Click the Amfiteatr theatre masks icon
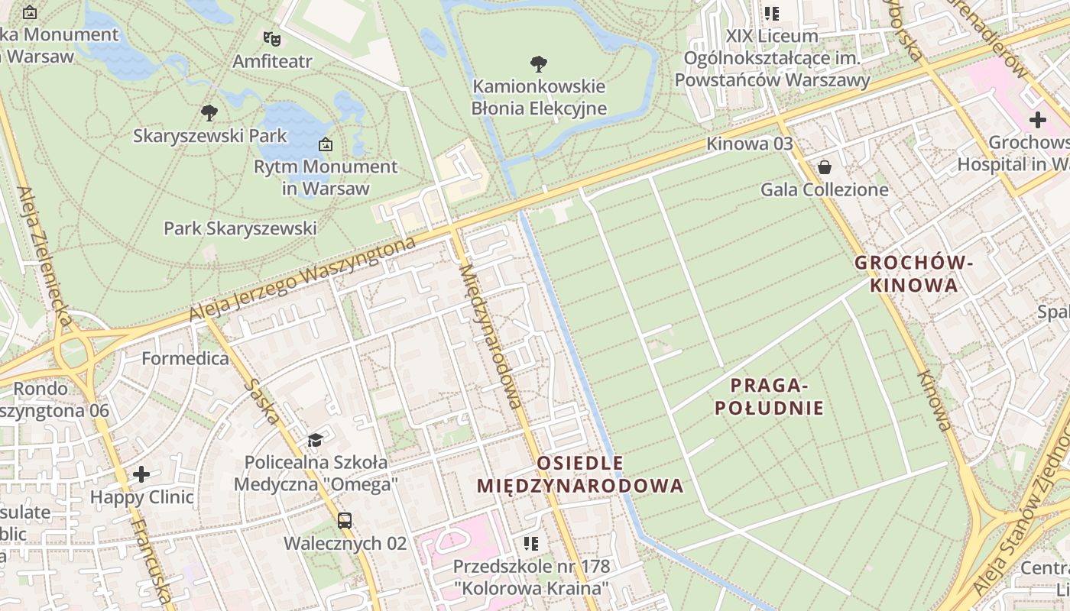(x=271, y=37)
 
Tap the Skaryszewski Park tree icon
(x=209, y=113)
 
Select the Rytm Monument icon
(x=326, y=144)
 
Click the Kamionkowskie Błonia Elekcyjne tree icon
(x=539, y=63)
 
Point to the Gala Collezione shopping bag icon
(x=825, y=166)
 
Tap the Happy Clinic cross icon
(x=141, y=474)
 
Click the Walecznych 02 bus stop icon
(x=345, y=521)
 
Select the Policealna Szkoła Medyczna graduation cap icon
(x=315, y=439)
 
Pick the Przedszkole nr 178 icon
(x=531, y=544)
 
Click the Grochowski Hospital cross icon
(x=1037, y=120)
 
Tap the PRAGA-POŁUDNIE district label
(x=770, y=396)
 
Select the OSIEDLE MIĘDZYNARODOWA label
(x=580, y=474)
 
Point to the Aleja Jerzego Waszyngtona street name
(x=303, y=279)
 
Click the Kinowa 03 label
(x=749, y=144)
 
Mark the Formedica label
(x=185, y=358)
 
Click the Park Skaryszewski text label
(x=240, y=228)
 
